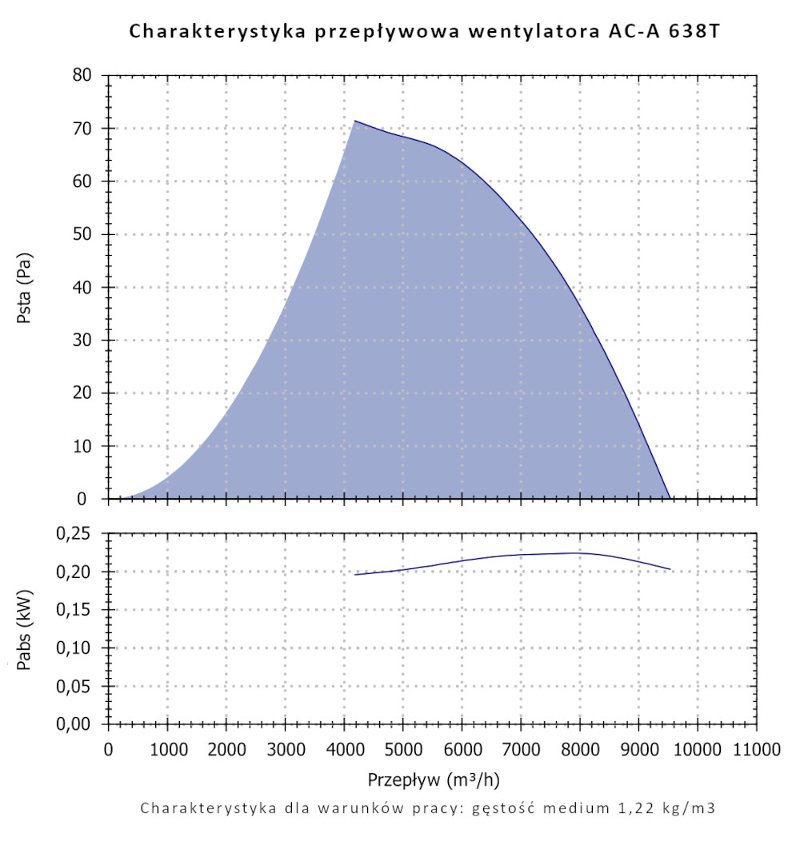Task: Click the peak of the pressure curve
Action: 354,121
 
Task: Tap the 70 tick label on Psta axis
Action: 83,129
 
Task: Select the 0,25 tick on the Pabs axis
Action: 78,534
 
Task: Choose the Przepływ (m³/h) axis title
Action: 433,779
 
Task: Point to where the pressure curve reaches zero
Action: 670,498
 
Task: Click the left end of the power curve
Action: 354,575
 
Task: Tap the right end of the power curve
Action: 670,569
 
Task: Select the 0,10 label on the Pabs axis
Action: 78,648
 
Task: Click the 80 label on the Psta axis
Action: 83,76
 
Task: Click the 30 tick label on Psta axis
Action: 83,341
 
